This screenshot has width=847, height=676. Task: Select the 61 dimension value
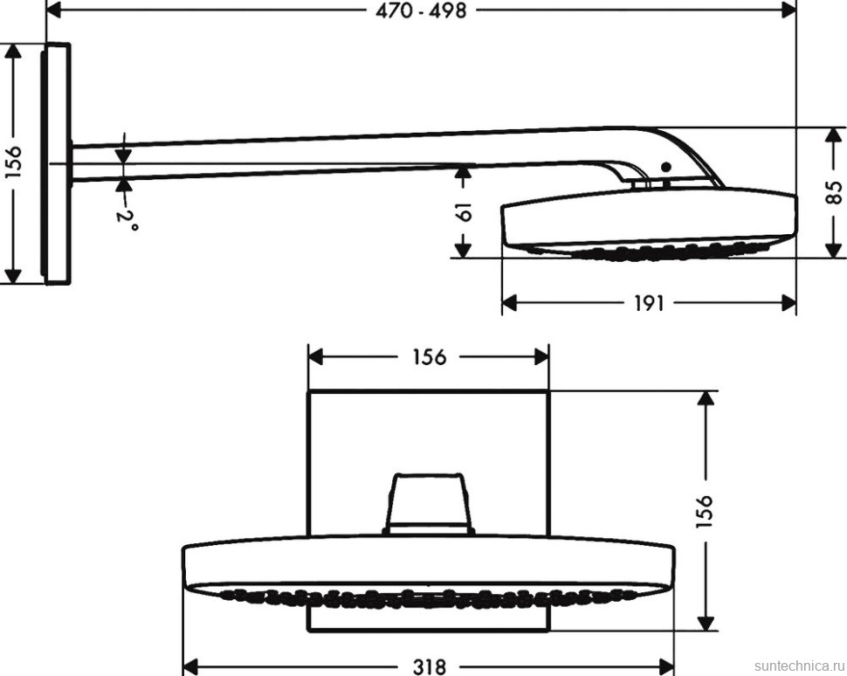coord(464,212)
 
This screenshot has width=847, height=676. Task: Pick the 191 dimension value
coord(648,303)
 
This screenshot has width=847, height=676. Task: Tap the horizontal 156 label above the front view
coord(429,356)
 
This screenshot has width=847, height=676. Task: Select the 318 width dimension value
coord(429,666)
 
